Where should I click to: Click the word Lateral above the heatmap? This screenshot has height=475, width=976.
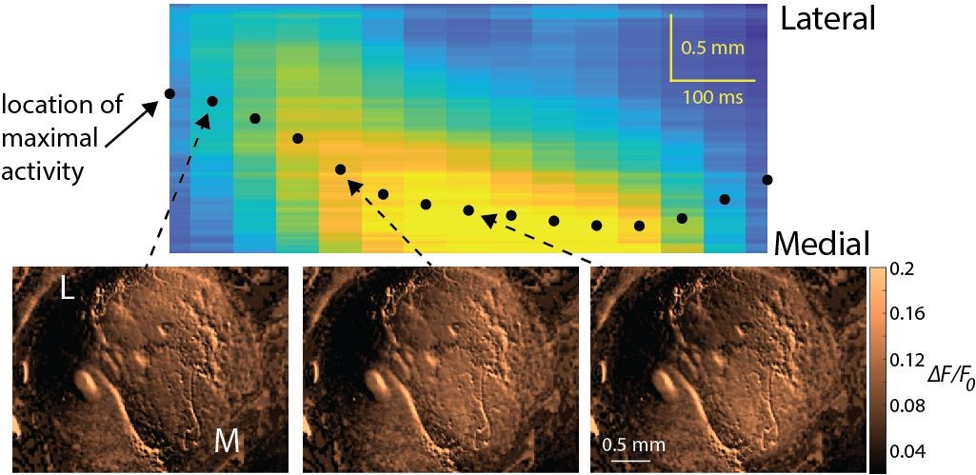[x=827, y=20]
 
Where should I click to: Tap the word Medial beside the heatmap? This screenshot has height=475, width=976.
[x=820, y=243]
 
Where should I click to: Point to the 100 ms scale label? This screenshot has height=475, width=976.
[x=712, y=96]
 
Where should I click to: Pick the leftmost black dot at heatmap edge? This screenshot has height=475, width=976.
[x=169, y=93]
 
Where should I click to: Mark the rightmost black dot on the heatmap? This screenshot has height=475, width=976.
[x=767, y=179]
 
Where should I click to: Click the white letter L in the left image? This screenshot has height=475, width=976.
[x=68, y=291]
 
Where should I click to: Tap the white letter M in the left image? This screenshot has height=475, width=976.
[x=227, y=439]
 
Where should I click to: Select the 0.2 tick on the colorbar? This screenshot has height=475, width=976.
[x=905, y=270]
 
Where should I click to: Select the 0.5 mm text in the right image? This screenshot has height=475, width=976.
[x=627, y=445]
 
